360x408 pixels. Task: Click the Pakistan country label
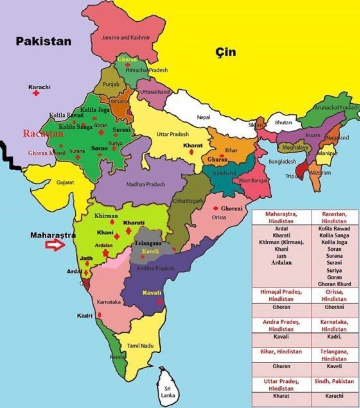pyautogui.click(x=43, y=41)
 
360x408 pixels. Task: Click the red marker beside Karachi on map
pyautogui.click(x=36, y=93)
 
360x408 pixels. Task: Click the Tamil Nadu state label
pyautogui.click(x=140, y=346)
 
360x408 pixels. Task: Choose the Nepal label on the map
pyautogui.click(x=203, y=117)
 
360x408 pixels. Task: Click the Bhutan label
pyautogui.click(x=283, y=123)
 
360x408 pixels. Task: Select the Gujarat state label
pyautogui.click(x=65, y=182)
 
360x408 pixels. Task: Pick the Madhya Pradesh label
pyautogui.click(x=145, y=184)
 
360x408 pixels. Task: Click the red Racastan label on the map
pyautogui.click(x=43, y=133)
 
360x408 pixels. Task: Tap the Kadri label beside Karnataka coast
pyautogui.click(x=85, y=315)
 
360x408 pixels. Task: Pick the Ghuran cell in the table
pyautogui.click(x=281, y=366)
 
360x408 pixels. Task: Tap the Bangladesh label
pyautogui.click(x=282, y=162)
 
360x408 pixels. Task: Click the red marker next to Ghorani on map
pyautogui.click(x=216, y=209)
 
